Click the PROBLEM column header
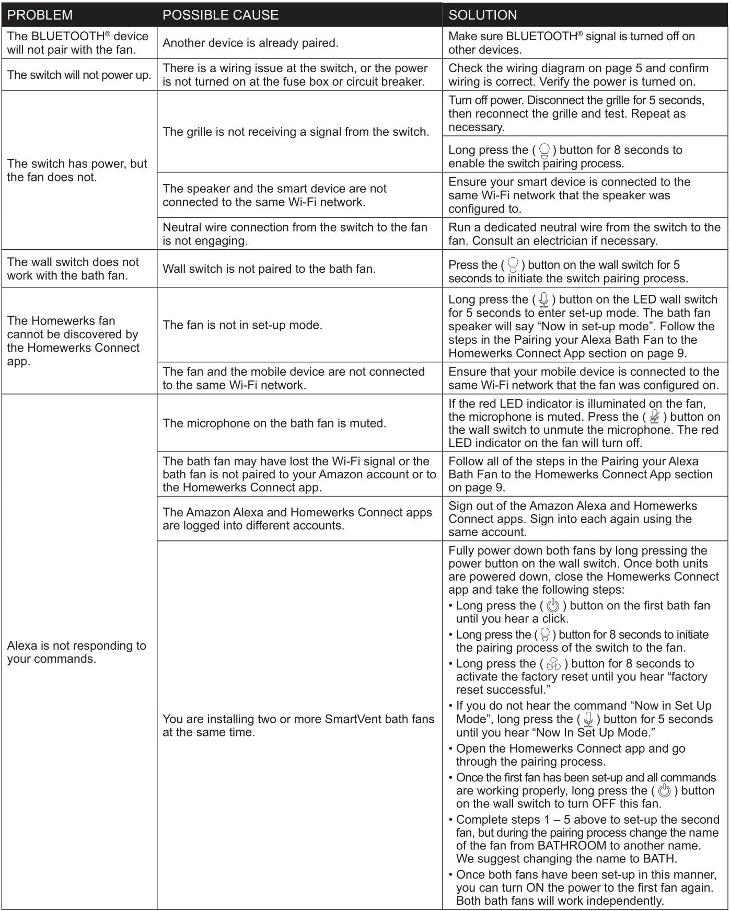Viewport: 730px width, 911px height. click(40, 15)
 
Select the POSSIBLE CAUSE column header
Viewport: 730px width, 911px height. click(221, 15)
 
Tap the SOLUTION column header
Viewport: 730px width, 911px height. click(482, 15)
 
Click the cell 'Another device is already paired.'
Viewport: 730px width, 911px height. click(250, 43)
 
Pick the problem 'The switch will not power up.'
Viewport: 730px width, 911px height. click(79, 75)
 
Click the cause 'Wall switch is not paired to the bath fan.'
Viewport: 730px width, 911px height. click(269, 269)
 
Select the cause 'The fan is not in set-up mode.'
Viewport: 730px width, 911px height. click(242, 325)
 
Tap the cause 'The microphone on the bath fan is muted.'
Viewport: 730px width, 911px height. click(274, 423)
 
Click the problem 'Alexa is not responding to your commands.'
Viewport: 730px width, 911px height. click(76, 652)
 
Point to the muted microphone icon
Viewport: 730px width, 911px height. click(654, 417)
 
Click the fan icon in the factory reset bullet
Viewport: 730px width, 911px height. click(553, 664)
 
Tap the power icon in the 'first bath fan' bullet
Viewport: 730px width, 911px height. click(553, 606)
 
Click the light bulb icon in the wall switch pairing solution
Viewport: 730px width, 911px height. click(513, 265)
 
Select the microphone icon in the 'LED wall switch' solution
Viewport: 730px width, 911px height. click(544, 299)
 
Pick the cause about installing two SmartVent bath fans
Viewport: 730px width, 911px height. click(298, 725)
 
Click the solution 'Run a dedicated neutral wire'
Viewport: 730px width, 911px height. click(584, 234)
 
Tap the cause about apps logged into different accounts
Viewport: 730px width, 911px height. click(297, 518)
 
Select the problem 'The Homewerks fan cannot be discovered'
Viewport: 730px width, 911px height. click(73, 341)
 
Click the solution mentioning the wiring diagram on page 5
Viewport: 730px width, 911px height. click(578, 75)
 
